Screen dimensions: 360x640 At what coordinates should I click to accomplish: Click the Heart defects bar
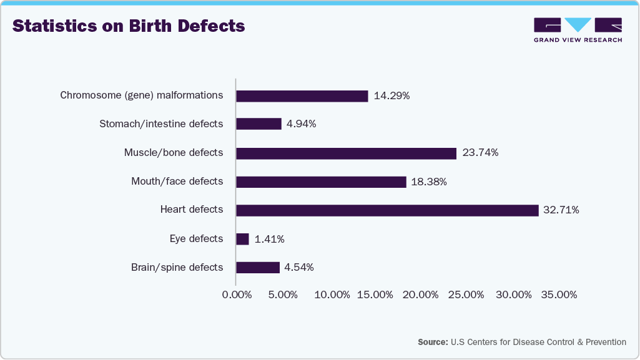point(387,210)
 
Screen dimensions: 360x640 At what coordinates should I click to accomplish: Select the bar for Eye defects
point(242,239)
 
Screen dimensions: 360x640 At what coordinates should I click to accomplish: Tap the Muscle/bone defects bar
point(346,153)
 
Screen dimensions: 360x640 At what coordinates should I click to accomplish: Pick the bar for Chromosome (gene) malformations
point(302,96)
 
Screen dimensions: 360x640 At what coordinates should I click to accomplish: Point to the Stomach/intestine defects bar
point(258,124)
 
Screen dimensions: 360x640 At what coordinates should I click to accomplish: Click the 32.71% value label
point(561,210)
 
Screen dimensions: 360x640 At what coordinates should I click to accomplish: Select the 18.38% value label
point(429,182)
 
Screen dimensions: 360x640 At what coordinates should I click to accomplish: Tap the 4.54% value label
point(299,268)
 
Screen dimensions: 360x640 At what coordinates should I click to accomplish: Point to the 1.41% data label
point(270,239)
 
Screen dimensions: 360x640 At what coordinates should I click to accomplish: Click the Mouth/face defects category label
point(177,182)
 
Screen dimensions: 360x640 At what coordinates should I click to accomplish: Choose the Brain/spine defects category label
point(177,267)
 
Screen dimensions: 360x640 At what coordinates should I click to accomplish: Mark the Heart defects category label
point(191,210)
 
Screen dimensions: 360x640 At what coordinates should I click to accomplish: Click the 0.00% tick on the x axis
point(237,294)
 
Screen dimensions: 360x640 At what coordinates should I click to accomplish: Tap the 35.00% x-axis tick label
point(558,294)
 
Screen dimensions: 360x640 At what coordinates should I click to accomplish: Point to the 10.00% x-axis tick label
point(332,294)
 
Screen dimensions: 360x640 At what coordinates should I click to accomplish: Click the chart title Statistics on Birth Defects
point(129,26)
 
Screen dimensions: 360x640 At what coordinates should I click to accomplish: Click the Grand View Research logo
point(578,30)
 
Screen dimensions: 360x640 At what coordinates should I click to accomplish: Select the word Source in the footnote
point(433,342)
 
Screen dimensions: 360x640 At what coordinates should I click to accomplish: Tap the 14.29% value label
point(391,96)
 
